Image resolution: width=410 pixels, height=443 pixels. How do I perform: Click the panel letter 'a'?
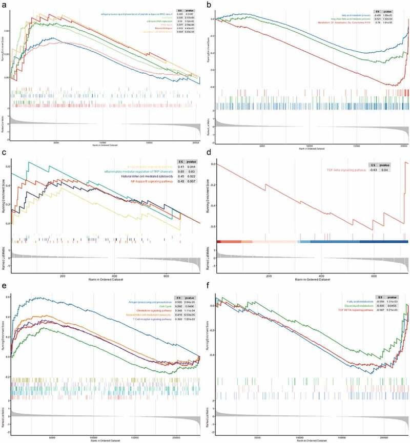(5, 5)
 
